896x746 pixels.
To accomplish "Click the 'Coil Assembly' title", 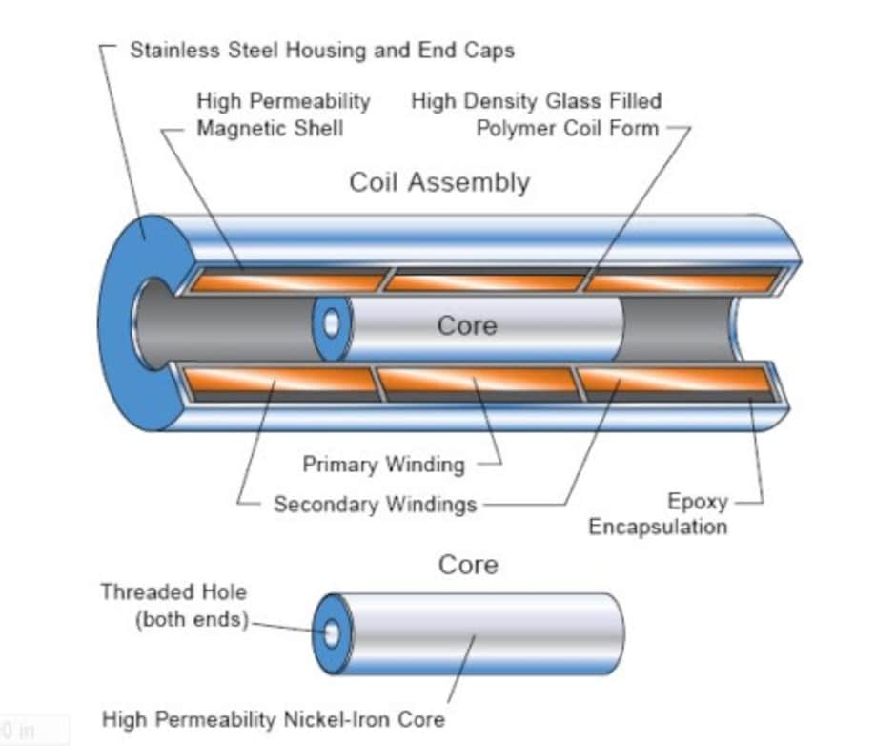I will point(438,182).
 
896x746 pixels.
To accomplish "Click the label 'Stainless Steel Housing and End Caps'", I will point(321,51).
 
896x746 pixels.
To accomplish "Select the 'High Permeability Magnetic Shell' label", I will point(283,114).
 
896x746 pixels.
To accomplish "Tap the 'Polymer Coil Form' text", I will point(567,128).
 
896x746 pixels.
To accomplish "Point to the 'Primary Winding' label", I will point(383,465).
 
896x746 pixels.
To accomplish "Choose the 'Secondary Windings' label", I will point(375,504).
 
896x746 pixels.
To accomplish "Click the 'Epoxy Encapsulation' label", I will point(658,514).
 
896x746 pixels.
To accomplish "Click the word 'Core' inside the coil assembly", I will point(467,325).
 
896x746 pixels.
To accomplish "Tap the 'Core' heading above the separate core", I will point(467,565).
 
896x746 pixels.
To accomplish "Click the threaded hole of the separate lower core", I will point(331,633).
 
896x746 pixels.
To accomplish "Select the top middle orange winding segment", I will point(484,282).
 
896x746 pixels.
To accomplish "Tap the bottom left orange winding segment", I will point(281,381).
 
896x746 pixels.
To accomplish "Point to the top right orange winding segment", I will point(681,282).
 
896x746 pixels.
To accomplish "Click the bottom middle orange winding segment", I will point(477,382).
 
